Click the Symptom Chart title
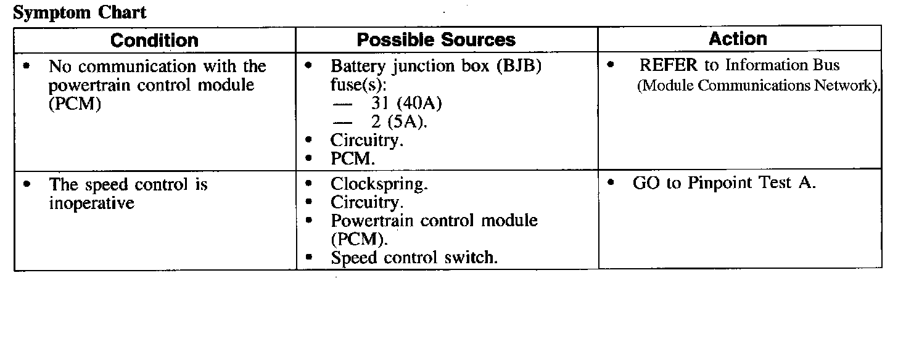[x=80, y=13]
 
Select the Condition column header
[x=154, y=41]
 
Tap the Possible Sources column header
[x=436, y=41]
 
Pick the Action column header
[x=738, y=39]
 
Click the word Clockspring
[x=379, y=184]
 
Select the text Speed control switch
[x=414, y=257]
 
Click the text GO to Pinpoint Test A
[x=724, y=183]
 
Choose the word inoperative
[x=91, y=203]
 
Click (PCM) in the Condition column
[x=75, y=104]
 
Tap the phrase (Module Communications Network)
[x=758, y=86]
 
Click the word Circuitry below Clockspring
[x=367, y=202]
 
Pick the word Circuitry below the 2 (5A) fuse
[x=367, y=141]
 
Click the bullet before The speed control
[x=27, y=184]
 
